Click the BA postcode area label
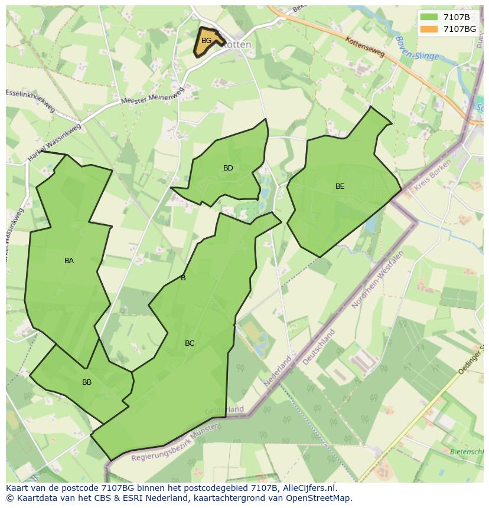click(69, 261)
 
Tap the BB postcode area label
click(87, 382)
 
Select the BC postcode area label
click(190, 343)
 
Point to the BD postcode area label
click(228, 168)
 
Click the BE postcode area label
click(340, 186)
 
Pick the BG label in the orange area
click(206, 41)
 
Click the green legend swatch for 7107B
click(429, 17)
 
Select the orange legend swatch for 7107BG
click(429, 28)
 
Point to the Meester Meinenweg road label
click(153, 96)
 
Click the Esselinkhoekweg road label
click(30, 100)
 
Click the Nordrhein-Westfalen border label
click(377, 280)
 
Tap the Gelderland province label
click(224, 409)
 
